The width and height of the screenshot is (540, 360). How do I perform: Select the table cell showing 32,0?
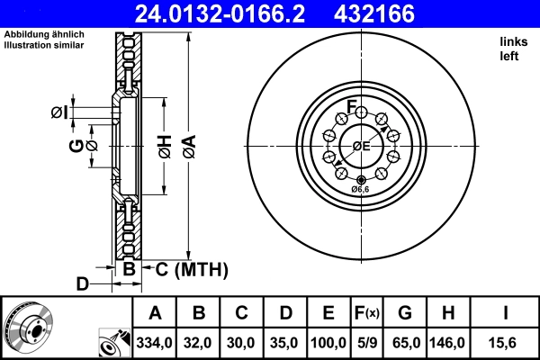tap(199, 343)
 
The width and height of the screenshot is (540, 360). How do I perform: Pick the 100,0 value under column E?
tap(328, 343)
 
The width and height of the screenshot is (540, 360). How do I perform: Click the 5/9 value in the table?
tap(366, 343)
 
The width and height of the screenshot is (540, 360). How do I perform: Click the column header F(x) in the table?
tap(366, 313)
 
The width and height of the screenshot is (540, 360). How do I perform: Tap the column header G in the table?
tap(405, 313)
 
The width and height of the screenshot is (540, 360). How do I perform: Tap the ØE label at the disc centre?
tap(361, 146)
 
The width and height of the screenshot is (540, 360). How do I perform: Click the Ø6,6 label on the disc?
tap(360, 189)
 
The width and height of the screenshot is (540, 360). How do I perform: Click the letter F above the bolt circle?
tap(353, 102)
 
